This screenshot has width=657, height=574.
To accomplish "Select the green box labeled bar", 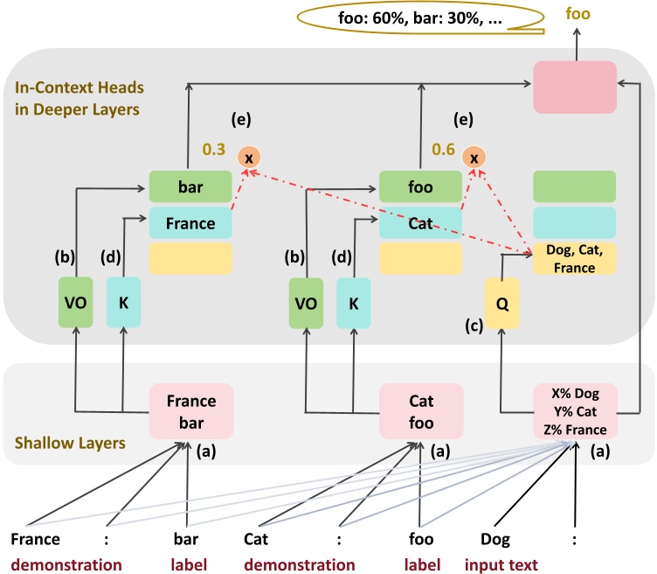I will click(190, 187).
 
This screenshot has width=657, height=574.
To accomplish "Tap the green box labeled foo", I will click(420, 187).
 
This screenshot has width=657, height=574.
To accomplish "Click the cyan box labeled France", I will click(190, 223).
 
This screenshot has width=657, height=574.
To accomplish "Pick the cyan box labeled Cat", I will click(420, 223).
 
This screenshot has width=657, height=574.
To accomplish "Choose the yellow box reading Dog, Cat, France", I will click(574, 259).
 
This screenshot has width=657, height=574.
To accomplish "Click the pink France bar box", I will click(190, 410).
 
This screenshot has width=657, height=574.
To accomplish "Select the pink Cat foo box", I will click(420, 410).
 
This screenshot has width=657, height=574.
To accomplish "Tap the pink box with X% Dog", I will click(574, 410).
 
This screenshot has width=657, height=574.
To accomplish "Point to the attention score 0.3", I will click(214, 150).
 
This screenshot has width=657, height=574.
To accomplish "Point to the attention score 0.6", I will click(443, 150).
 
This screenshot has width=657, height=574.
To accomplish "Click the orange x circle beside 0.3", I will click(248, 157).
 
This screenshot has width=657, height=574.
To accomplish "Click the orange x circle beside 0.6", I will click(474, 157).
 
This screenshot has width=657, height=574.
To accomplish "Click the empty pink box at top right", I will click(574, 84).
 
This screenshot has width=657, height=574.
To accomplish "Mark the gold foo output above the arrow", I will click(577, 14).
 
